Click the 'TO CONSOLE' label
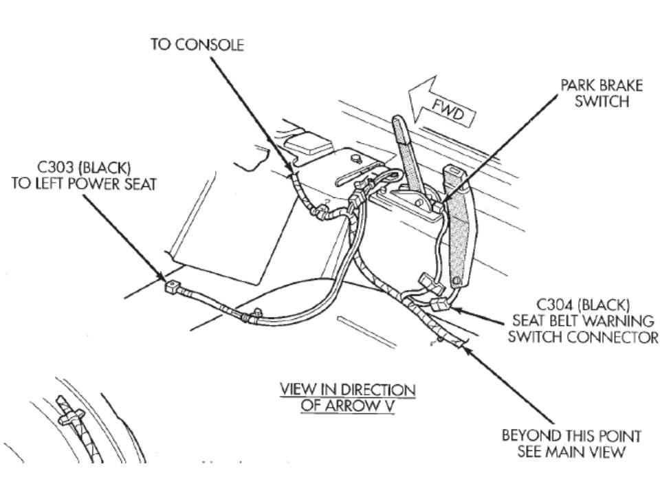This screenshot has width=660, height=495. [x=197, y=45]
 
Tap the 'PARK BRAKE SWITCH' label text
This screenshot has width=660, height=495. [x=602, y=93]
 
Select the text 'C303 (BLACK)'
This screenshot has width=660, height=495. [x=85, y=168]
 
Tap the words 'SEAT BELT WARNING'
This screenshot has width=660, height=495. [x=584, y=320]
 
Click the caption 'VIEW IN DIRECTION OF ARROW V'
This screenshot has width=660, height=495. [x=347, y=397]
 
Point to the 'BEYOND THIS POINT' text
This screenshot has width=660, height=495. [x=571, y=436]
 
